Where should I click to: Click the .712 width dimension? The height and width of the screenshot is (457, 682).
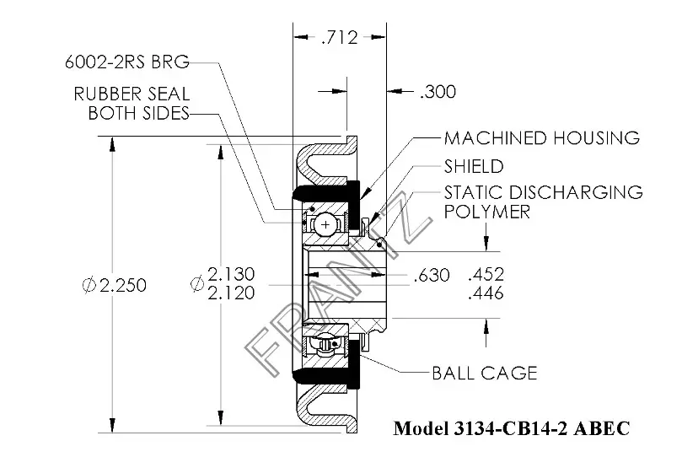[x=339, y=37]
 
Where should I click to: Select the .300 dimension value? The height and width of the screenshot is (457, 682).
[x=438, y=92]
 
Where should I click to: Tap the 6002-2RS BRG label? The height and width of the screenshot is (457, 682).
[x=127, y=62]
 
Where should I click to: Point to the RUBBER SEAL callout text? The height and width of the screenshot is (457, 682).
[x=132, y=94]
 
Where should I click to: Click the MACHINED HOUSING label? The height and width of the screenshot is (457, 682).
[x=542, y=138]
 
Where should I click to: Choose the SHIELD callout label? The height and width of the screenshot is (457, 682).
[x=474, y=166]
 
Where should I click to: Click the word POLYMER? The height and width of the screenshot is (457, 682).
[x=487, y=212]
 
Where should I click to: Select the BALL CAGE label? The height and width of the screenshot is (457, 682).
[x=485, y=373]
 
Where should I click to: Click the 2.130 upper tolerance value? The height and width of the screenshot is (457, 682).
[x=231, y=274]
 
